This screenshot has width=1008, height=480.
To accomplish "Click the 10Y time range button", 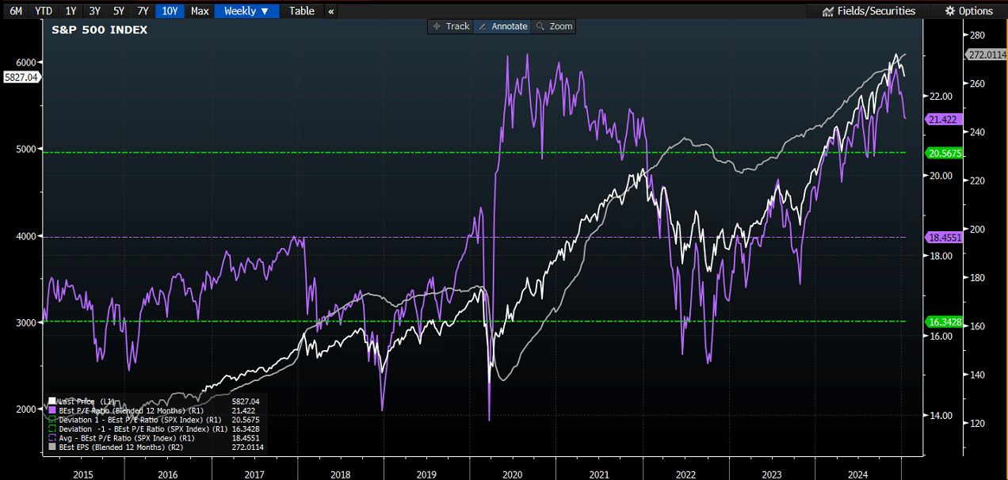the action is [x=170, y=11].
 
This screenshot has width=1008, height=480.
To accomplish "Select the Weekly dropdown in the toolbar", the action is [x=246, y=11].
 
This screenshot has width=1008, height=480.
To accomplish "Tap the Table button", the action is [x=301, y=11].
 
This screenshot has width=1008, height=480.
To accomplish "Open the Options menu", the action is [x=971, y=11].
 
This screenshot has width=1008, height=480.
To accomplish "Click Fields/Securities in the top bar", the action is [x=869, y=11].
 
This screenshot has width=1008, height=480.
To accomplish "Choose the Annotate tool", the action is [x=502, y=27].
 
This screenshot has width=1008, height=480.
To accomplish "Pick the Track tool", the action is [x=451, y=27].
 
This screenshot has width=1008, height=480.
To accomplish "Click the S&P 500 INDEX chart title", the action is [x=99, y=30].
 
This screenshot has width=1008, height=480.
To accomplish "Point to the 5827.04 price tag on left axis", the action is [x=21, y=78].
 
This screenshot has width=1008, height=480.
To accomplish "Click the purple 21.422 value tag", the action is [x=943, y=120].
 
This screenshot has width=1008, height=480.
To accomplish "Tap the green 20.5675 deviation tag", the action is [x=944, y=154].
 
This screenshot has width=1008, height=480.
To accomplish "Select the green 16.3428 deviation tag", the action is [x=944, y=322].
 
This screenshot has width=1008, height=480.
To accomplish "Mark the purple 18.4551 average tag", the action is [x=944, y=238].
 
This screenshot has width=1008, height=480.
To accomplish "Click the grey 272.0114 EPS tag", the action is [x=986, y=55].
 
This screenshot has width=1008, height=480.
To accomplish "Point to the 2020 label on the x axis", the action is [x=513, y=474].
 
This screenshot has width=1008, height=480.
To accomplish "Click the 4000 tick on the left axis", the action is [x=26, y=236].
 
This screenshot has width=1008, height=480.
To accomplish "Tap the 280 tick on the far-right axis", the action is [x=977, y=35].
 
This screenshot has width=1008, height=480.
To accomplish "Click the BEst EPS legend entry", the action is [x=116, y=448].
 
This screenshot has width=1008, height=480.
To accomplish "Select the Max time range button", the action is [x=200, y=11].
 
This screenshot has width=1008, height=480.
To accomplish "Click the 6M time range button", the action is [x=16, y=11].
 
